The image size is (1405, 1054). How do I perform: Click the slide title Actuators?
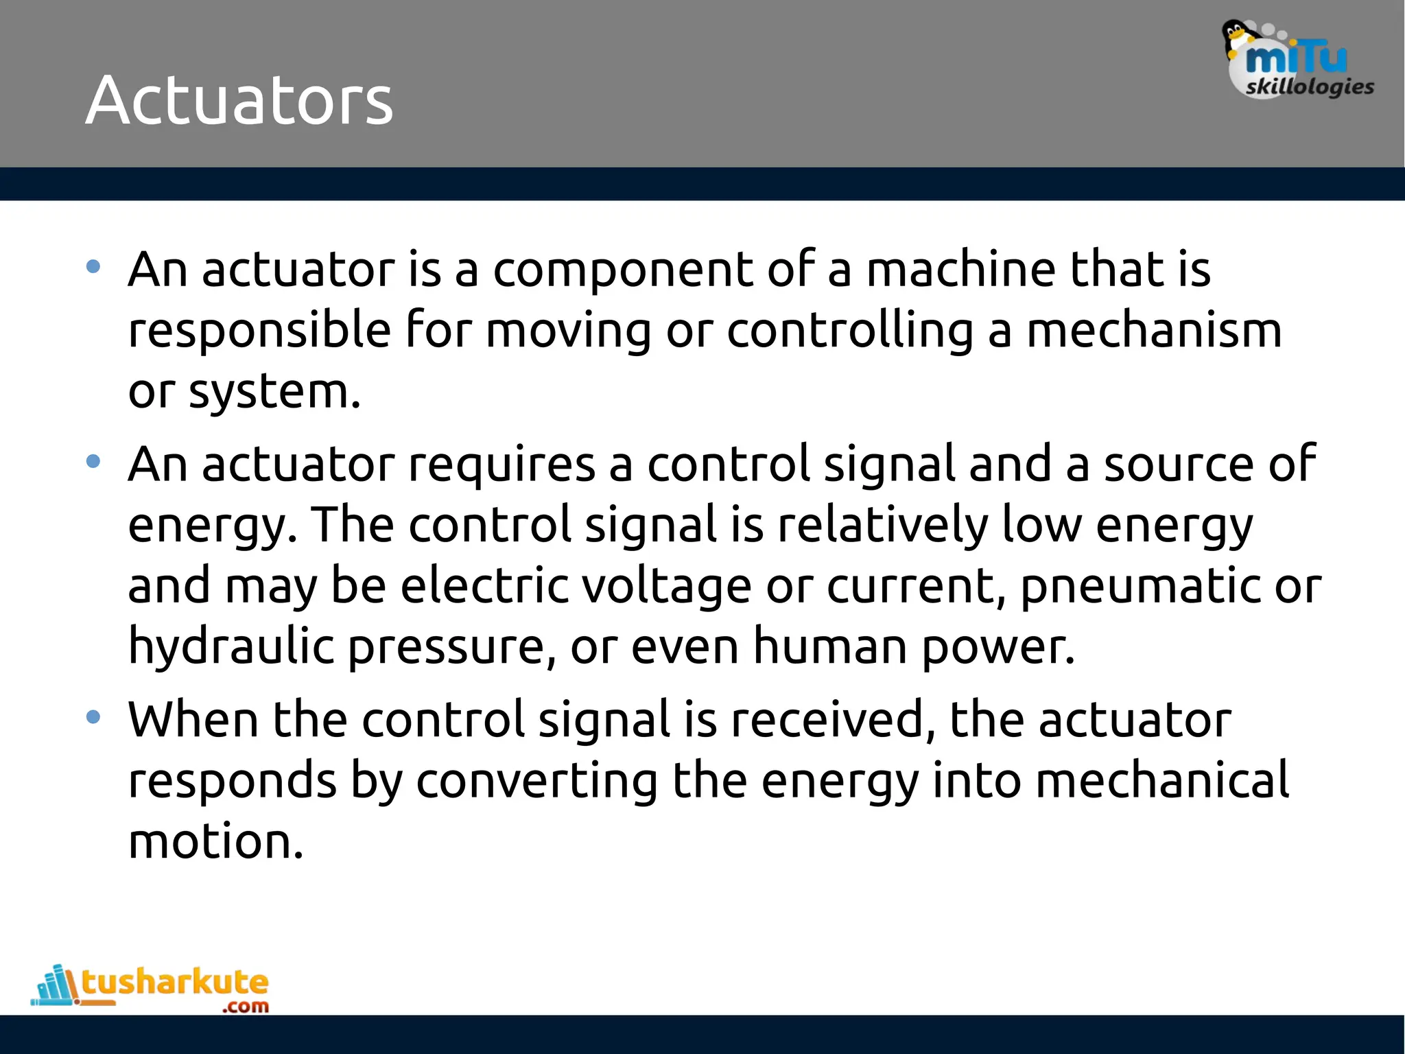pos(239,100)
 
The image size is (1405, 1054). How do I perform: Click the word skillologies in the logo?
pos(1310,87)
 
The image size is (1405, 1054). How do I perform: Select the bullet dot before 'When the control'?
pos(93,718)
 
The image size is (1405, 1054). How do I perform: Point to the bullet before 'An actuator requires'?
pos(93,462)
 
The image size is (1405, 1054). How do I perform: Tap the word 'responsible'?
pos(259,330)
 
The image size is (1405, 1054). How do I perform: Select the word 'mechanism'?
pos(1154,330)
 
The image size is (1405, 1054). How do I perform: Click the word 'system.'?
pos(274,392)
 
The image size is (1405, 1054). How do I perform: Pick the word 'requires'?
pos(501,464)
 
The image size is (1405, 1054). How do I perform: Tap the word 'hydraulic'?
pos(231,646)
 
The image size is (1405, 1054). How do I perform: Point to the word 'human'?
pos(830,646)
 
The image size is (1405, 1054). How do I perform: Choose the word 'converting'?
pos(536,781)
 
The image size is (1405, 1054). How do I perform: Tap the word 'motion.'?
pos(215,841)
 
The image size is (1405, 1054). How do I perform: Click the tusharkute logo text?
pos(175,983)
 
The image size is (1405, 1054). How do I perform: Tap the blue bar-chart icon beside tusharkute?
pos(55,985)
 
